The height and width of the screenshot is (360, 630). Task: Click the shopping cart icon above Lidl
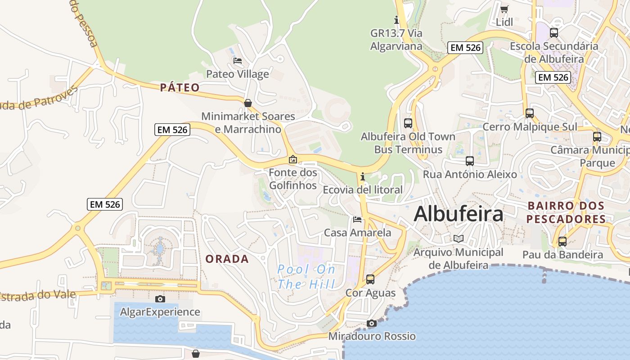click(x=504, y=9)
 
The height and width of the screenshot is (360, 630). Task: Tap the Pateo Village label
click(x=237, y=74)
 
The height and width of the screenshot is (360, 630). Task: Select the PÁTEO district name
click(x=180, y=87)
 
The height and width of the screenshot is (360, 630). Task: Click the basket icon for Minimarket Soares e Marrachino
click(x=247, y=103)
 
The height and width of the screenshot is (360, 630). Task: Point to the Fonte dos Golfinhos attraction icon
click(x=293, y=159)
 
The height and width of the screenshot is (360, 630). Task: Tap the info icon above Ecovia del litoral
click(x=362, y=176)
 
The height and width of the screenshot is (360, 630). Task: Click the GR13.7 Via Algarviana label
click(x=396, y=40)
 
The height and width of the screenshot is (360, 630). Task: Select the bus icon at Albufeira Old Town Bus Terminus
click(x=408, y=123)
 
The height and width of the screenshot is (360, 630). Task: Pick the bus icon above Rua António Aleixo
click(x=470, y=161)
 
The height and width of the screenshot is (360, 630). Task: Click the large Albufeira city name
click(x=458, y=214)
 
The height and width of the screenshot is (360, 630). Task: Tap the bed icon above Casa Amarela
click(x=357, y=220)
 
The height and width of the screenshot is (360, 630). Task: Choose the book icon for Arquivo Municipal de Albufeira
click(x=458, y=238)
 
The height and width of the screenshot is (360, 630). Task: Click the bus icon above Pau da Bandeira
click(x=562, y=241)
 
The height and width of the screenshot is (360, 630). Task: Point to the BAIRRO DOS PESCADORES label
click(x=566, y=212)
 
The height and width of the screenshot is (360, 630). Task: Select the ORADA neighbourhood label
click(x=227, y=259)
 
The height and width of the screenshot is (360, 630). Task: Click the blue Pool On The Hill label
click(x=306, y=277)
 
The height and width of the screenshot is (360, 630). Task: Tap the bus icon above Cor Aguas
click(x=370, y=279)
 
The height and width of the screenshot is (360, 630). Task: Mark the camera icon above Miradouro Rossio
click(x=371, y=323)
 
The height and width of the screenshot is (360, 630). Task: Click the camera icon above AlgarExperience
click(x=160, y=299)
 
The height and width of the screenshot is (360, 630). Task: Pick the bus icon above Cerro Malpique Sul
click(x=530, y=113)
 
